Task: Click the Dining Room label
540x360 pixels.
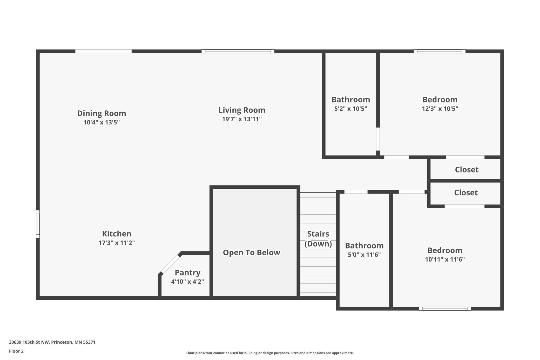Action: pyautogui.click(x=102, y=113)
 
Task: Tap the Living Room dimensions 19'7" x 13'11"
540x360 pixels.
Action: pyautogui.click(x=242, y=119)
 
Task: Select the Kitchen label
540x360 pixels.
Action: pyautogui.click(x=117, y=234)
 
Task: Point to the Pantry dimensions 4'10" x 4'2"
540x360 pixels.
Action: pyautogui.click(x=187, y=282)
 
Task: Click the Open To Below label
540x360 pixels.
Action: pyautogui.click(x=251, y=252)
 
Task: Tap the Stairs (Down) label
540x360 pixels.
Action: pyautogui.click(x=318, y=239)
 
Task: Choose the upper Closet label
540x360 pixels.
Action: pyautogui.click(x=467, y=170)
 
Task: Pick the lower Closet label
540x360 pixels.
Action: pyautogui.click(x=466, y=193)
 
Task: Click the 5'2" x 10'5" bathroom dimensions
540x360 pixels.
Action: pyautogui.click(x=350, y=109)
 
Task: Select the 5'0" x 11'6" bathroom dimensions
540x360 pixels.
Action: pyautogui.click(x=364, y=255)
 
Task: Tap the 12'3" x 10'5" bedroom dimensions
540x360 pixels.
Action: pyautogui.click(x=440, y=109)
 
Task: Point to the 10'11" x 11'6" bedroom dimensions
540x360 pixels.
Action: pyautogui.click(x=445, y=259)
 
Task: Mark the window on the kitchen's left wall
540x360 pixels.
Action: pyautogui.click(x=38, y=224)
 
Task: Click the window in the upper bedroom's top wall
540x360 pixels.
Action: pyautogui.click(x=439, y=51)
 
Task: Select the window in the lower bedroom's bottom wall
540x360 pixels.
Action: pyautogui.click(x=445, y=309)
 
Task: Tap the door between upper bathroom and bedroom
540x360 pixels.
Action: pyautogui.click(x=378, y=139)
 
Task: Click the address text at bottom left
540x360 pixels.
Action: pyautogui.click(x=52, y=342)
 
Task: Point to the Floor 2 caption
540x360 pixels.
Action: pyautogui.click(x=16, y=351)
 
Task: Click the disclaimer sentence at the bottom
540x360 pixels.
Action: pyautogui.click(x=270, y=353)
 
